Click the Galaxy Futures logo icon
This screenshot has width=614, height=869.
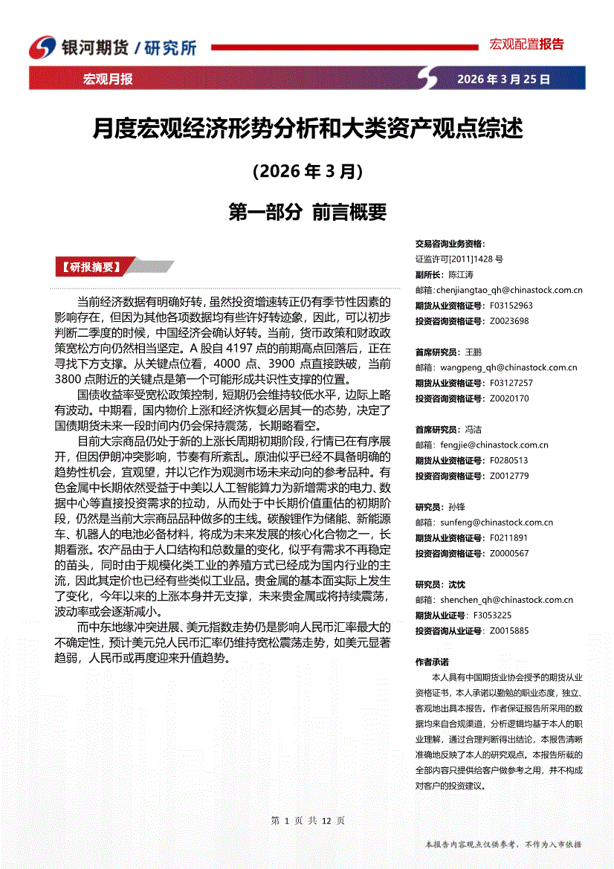43,47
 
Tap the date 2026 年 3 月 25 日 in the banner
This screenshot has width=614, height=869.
503,79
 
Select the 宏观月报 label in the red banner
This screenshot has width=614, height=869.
108,79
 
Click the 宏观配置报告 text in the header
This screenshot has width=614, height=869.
526,44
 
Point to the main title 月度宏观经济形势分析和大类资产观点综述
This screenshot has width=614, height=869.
307,129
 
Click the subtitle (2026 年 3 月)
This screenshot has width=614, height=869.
307,172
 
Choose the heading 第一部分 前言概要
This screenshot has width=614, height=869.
307,213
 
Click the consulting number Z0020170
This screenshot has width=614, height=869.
509,398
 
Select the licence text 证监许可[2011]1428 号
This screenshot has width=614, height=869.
459,259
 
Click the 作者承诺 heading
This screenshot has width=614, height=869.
432,662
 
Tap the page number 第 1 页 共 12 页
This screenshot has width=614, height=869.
307,821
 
